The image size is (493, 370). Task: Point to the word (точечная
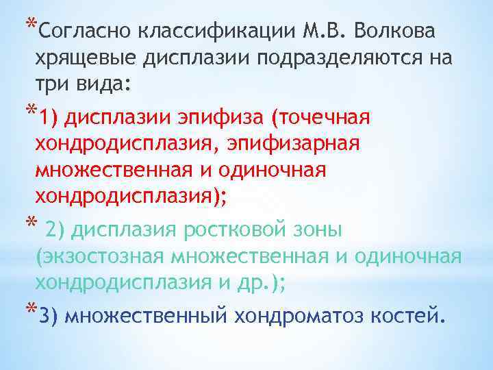[322, 118]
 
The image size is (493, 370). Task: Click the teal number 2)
[54, 230]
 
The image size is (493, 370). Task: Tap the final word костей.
[411, 316]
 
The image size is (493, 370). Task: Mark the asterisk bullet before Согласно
[29, 23]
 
